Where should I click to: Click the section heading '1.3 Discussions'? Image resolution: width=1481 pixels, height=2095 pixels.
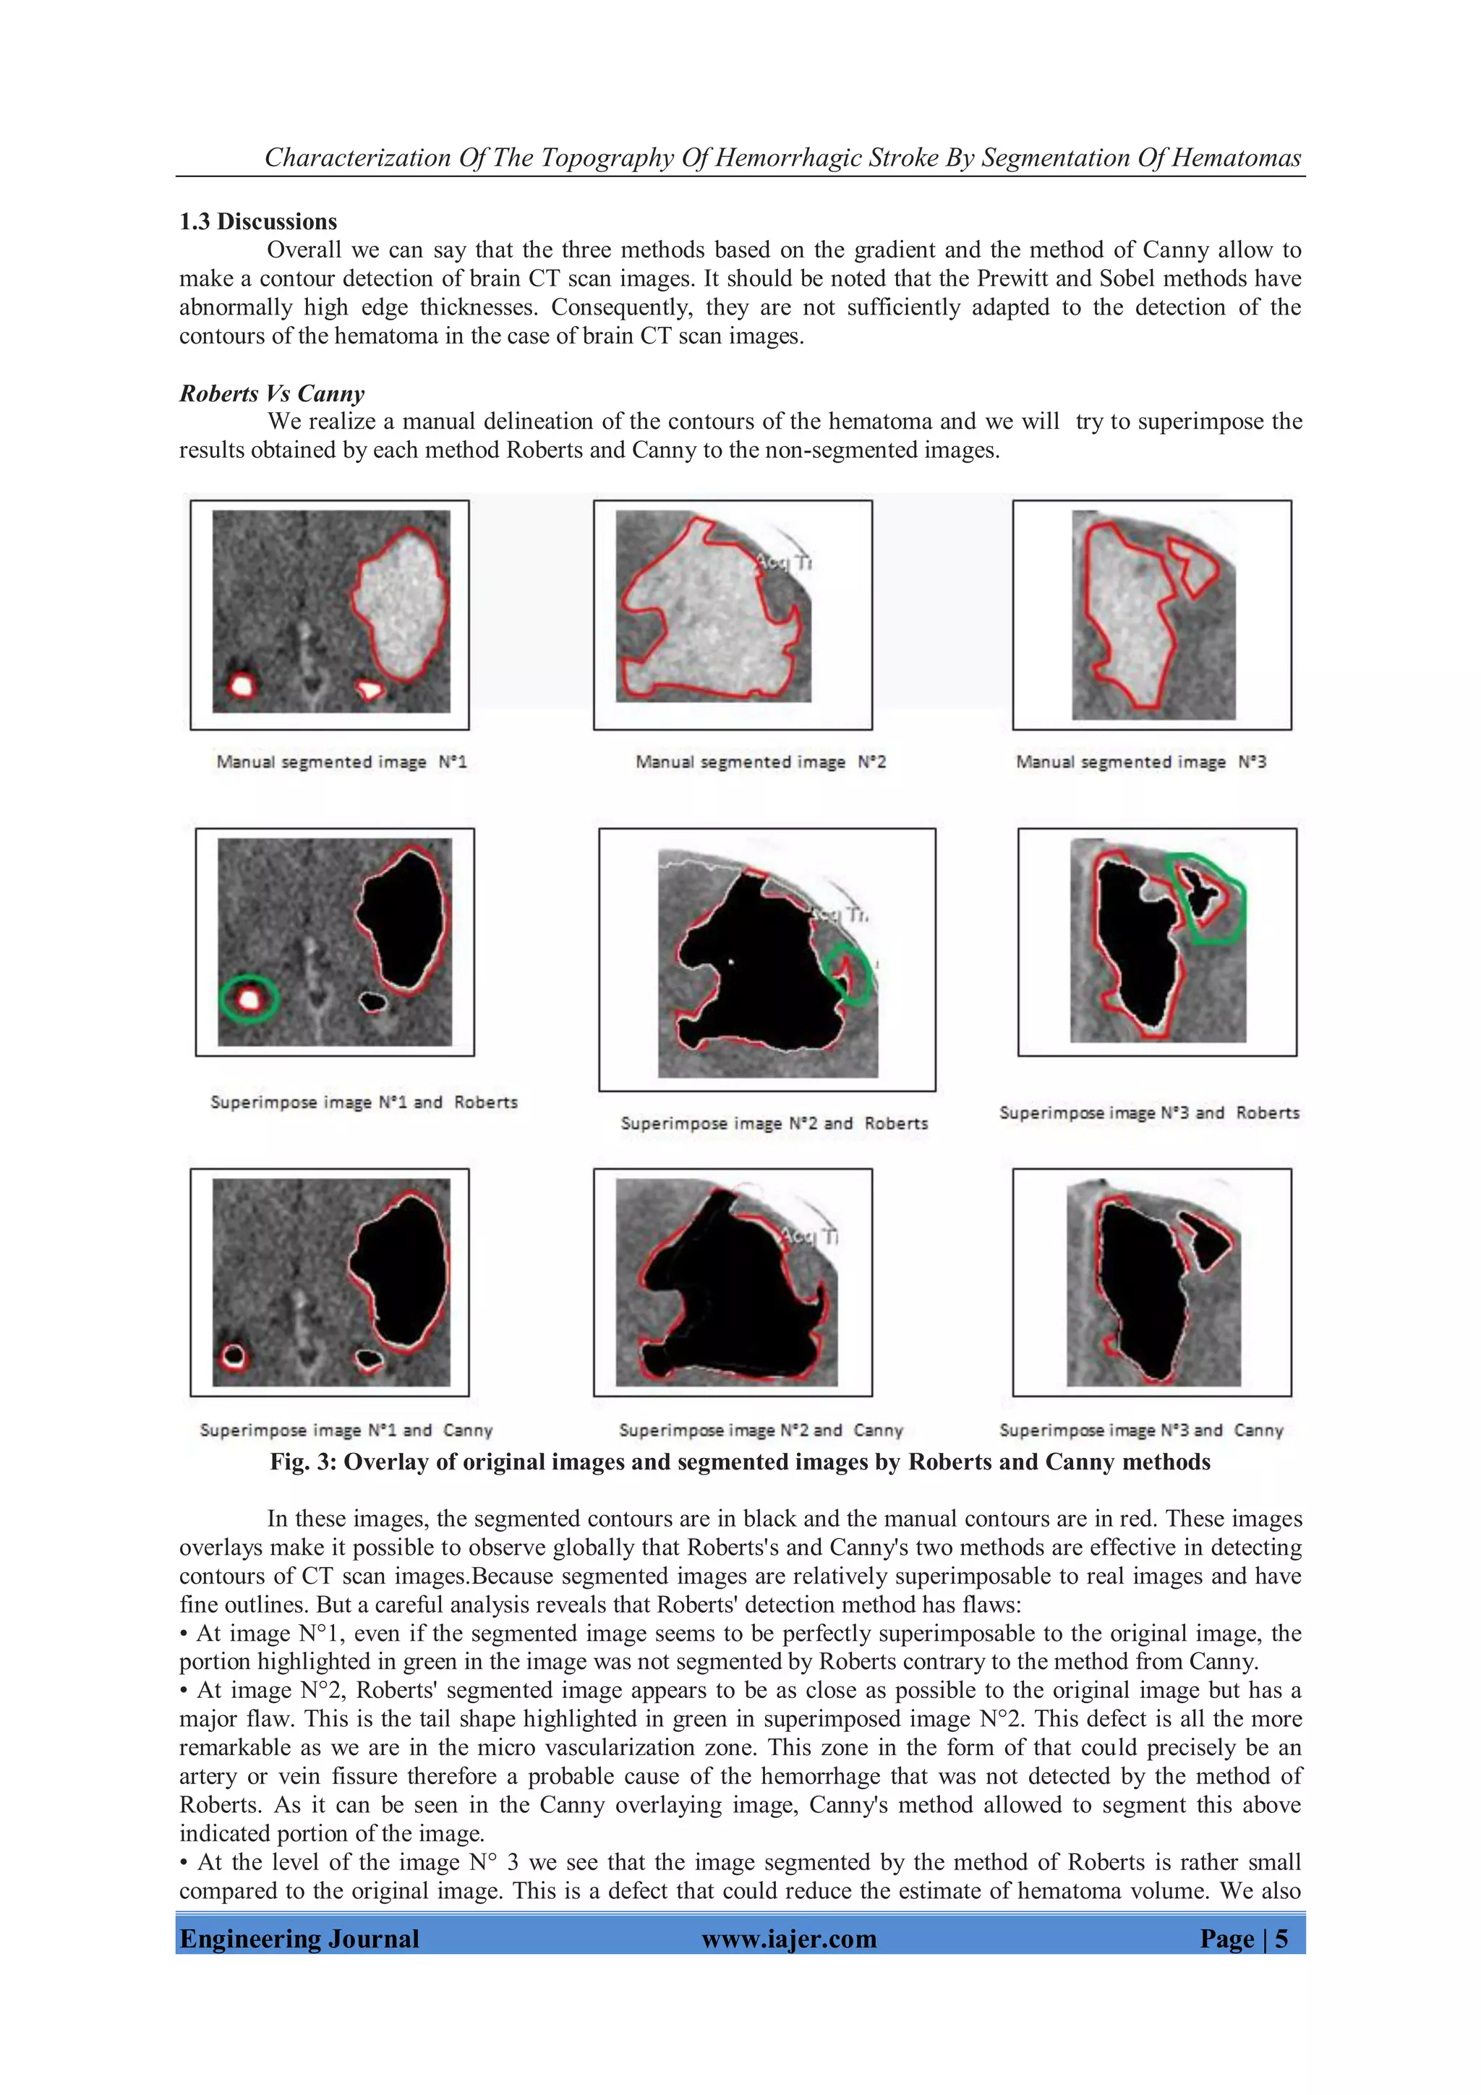coord(257,222)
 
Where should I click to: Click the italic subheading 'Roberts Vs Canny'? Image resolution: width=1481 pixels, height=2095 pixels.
coord(271,393)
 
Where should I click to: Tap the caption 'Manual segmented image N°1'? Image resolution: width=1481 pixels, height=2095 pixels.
coord(341,762)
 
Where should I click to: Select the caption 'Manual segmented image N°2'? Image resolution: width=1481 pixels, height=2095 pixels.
coord(760,762)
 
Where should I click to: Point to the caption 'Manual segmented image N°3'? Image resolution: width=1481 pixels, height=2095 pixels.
coord(1140,762)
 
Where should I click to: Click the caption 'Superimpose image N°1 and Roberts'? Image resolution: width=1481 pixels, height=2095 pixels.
coord(363,1102)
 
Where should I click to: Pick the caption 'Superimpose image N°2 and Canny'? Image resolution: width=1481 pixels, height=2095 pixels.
coord(760,1430)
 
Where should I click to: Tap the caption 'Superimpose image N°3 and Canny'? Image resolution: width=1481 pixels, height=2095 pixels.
coord(1140,1430)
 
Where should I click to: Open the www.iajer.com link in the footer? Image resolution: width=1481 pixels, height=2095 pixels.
coord(788,1938)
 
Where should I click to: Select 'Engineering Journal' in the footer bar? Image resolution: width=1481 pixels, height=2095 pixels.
coord(299,1938)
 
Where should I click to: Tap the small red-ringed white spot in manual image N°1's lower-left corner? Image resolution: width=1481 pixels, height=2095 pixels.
coord(241,684)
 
